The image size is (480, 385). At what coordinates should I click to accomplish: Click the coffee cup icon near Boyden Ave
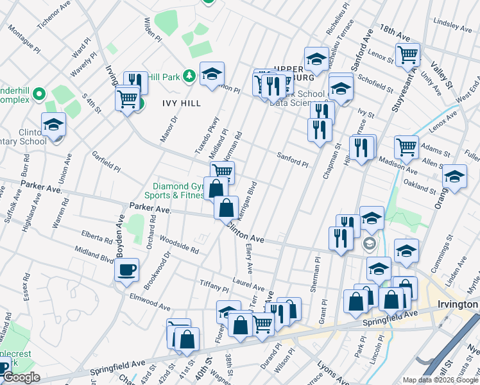126,269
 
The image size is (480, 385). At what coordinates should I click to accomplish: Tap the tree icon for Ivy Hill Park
189,77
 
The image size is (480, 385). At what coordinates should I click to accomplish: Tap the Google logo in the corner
21,377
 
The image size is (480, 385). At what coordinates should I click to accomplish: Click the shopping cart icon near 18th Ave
407,55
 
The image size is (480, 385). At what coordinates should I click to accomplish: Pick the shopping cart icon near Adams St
407,147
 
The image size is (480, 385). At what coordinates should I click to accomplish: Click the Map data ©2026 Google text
440,380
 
